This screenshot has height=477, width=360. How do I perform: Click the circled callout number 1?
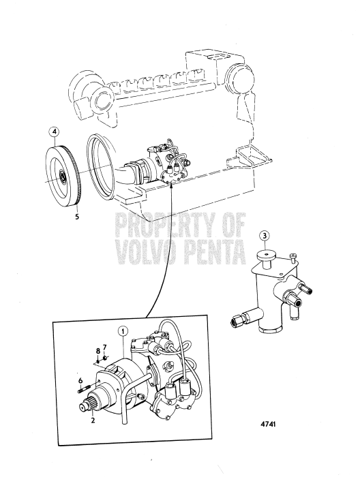(x=122, y=332)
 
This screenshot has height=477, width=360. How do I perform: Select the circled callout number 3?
(x=265, y=236)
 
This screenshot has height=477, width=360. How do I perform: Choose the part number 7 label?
(x=105, y=348)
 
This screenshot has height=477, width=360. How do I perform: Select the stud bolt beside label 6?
(x=84, y=390)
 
